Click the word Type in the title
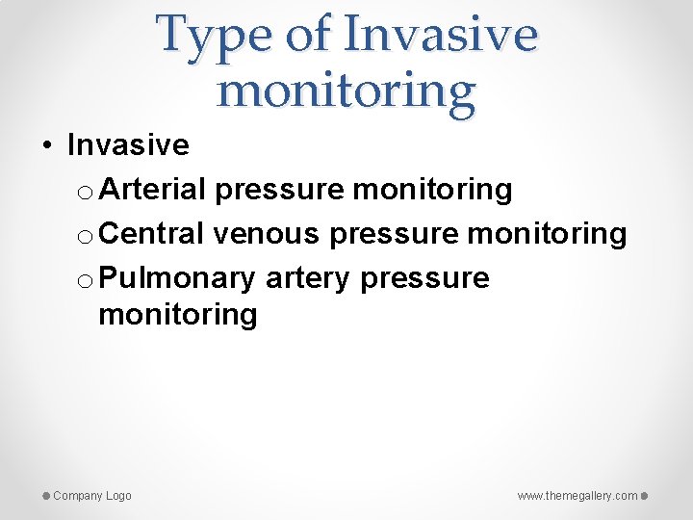tap(214, 36)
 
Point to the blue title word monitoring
tap(346, 91)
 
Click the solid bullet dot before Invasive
tap(47, 146)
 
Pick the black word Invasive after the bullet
tap(128, 145)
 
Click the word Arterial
tap(152, 190)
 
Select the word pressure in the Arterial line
tap(279, 191)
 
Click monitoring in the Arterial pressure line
tap(432, 191)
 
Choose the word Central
tap(151, 233)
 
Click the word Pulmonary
tap(176, 277)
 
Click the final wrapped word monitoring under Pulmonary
tap(177, 315)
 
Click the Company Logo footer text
tap(92, 496)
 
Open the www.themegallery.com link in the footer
tap(577, 496)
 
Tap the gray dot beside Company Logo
tap(46, 496)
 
